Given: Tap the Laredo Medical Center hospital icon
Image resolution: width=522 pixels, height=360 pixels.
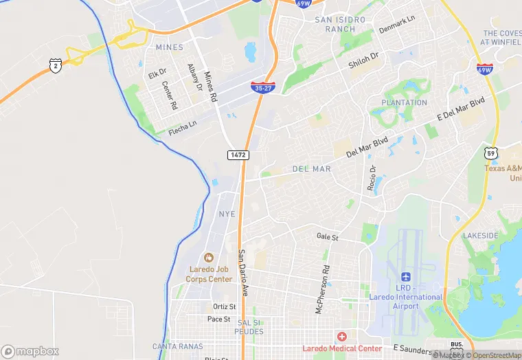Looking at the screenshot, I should [x=341, y=336].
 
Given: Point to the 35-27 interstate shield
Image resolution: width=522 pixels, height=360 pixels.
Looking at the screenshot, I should [x=262, y=87].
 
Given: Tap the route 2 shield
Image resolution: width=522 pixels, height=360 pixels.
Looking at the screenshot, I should [x=55, y=66].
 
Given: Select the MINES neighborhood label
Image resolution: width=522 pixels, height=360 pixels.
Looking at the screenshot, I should [x=170, y=47].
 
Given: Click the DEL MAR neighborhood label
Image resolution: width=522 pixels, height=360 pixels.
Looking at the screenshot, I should [x=311, y=168].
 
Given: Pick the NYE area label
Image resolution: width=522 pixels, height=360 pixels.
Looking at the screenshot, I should [x=227, y=214].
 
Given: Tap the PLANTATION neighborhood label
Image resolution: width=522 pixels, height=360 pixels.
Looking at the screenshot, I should [x=404, y=103].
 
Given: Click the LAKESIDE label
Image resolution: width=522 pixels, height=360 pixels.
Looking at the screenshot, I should [x=480, y=236].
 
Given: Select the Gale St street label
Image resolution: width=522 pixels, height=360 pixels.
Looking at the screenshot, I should [x=328, y=236].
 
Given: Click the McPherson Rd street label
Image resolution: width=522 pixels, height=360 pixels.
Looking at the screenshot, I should [x=321, y=289].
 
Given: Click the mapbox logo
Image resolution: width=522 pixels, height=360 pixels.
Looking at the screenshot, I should [x=30, y=351].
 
